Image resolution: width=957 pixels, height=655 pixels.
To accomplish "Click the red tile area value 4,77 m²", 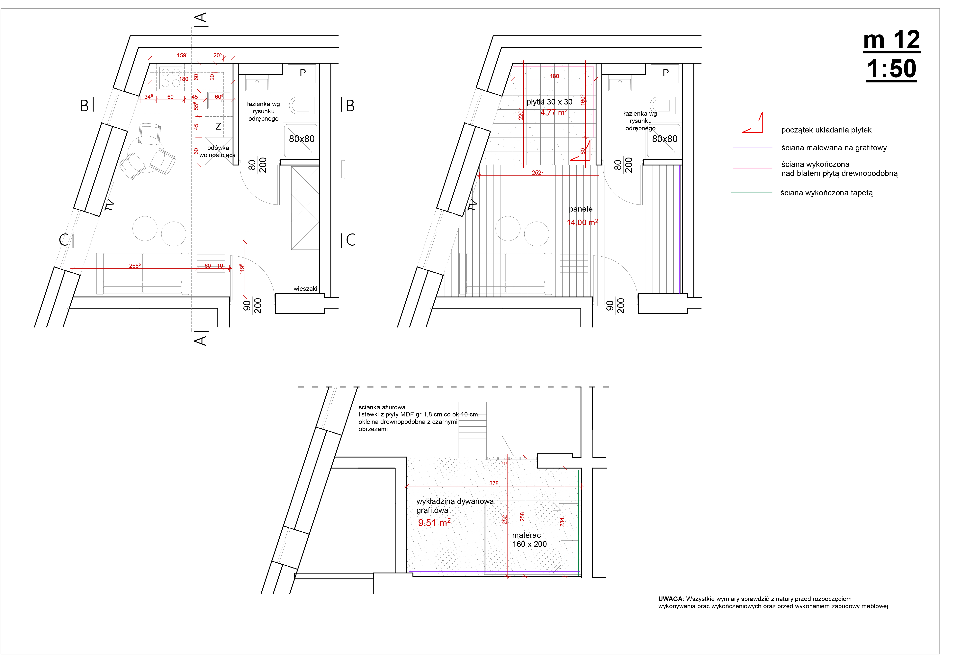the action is pos(554,112).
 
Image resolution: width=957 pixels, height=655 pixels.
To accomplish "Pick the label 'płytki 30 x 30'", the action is pos(549,102).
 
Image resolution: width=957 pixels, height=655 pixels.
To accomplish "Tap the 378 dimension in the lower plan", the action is pos(494,483).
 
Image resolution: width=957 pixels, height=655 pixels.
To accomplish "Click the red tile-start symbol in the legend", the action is pos(753,123).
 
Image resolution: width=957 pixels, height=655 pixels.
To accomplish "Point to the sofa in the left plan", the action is pos(142,274).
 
